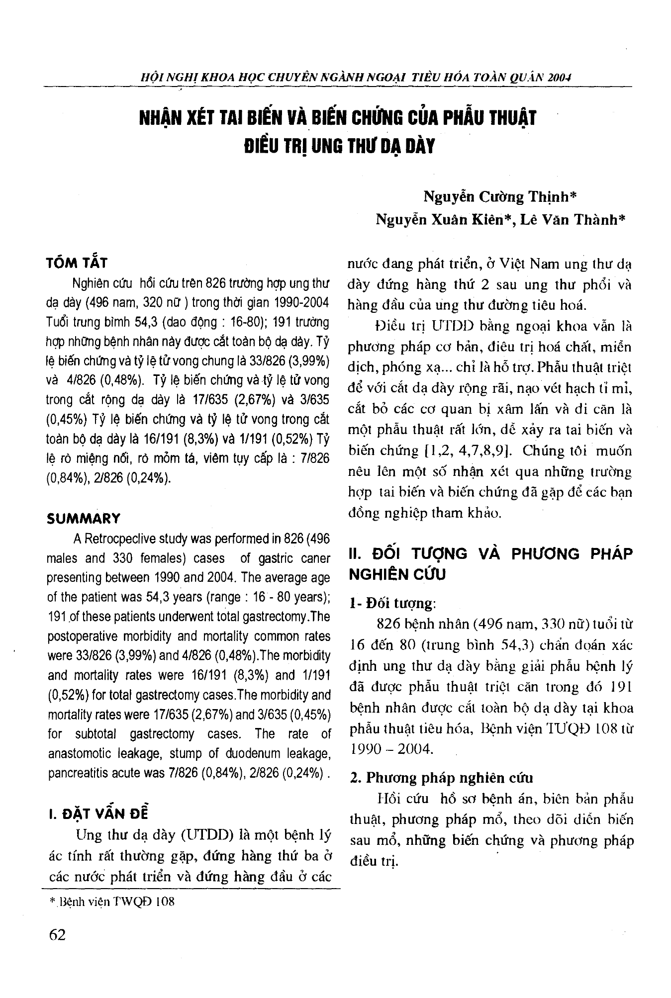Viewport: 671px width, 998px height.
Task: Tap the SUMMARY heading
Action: [x=83, y=519]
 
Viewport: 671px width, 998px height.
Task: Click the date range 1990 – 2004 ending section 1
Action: [x=392, y=749]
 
